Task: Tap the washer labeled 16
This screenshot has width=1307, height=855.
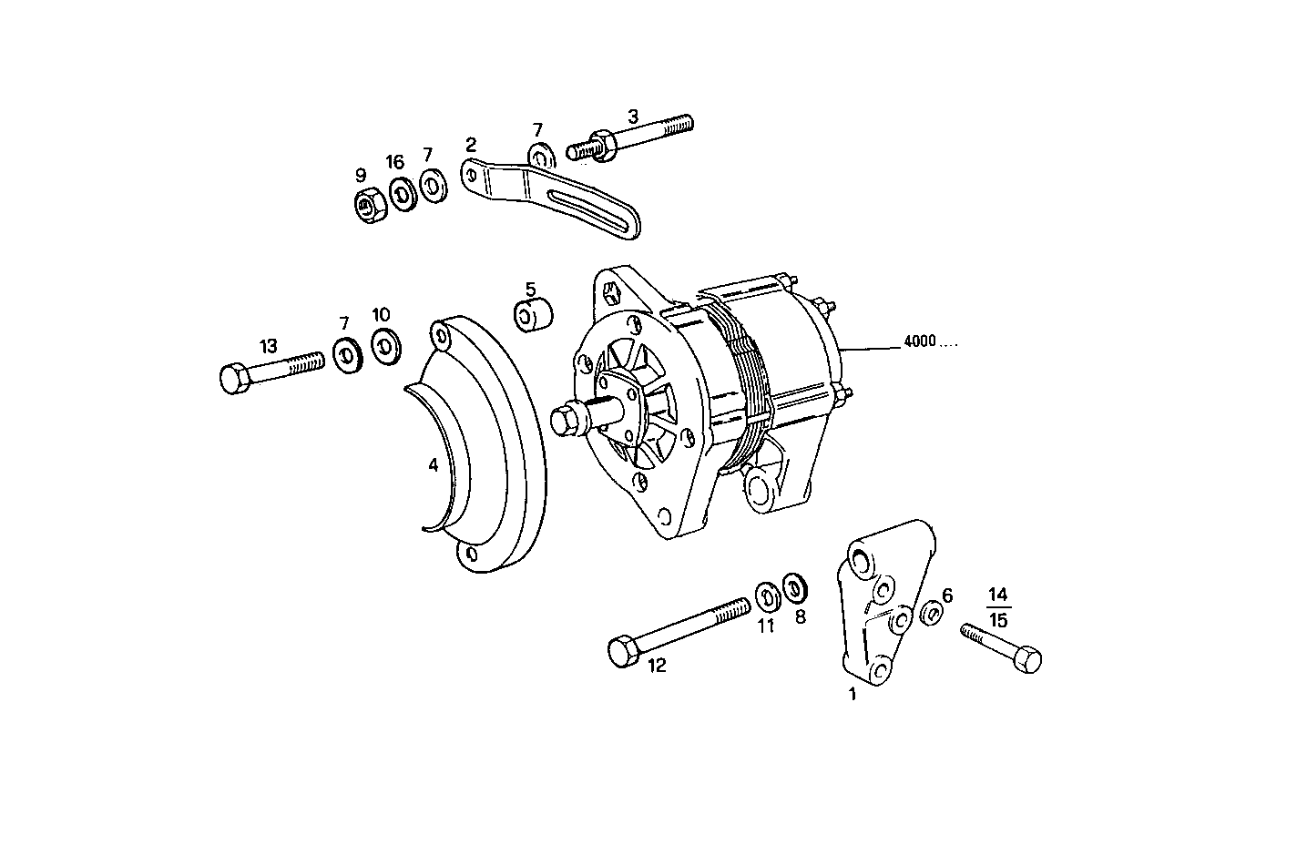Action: [401, 193]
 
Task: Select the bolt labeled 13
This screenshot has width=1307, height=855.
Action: [272, 369]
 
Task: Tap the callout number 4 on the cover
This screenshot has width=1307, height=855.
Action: [434, 465]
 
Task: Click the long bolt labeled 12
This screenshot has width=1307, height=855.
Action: [678, 627]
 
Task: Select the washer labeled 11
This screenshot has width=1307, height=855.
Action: [768, 596]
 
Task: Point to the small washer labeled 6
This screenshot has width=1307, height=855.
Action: [931, 614]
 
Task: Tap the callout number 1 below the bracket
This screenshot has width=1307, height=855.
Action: [853, 695]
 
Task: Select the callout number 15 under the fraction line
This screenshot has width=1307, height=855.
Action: [998, 621]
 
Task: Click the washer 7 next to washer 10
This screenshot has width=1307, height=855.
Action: [347, 354]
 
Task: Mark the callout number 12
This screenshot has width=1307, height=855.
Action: [657, 666]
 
